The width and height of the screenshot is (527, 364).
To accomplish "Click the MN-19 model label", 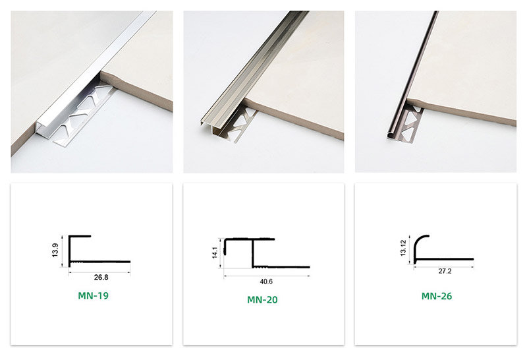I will (x=92, y=295).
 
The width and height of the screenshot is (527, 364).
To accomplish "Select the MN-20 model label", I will (x=263, y=299).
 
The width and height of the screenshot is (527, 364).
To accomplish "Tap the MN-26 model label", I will (x=436, y=296).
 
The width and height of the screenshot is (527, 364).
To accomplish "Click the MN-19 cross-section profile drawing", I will (x=99, y=261).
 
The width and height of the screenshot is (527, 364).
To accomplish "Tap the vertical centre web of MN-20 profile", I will (x=251, y=254).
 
